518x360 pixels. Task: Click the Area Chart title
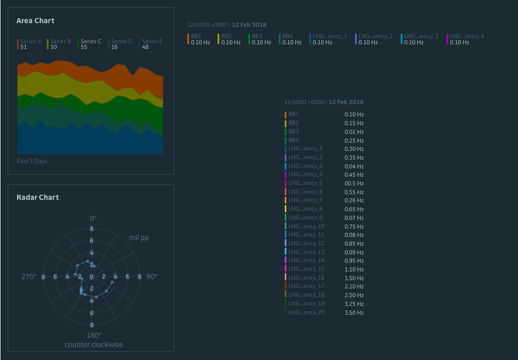(35, 21)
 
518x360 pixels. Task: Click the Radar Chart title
(38, 197)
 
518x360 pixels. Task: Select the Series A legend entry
(30, 41)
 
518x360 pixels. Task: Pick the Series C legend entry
(91, 41)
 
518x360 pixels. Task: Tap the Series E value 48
(145, 47)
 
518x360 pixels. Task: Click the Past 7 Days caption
(32, 161)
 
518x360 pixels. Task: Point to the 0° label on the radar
(93, 218)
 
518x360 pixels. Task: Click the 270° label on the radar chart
(28, 277)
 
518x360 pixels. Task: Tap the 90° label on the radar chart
(152, 277)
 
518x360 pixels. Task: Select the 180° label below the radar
(93, 335)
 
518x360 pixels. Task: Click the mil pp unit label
(139, 237)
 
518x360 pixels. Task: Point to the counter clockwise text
(93, 345)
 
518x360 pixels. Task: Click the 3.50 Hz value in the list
(354, 313)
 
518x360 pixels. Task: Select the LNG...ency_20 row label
(306, 312)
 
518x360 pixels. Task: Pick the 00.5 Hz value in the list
(354, 183)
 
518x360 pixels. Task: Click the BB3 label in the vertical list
(294, 131)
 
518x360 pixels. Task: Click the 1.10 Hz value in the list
(354, 269)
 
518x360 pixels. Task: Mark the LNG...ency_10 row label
(306, 226)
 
